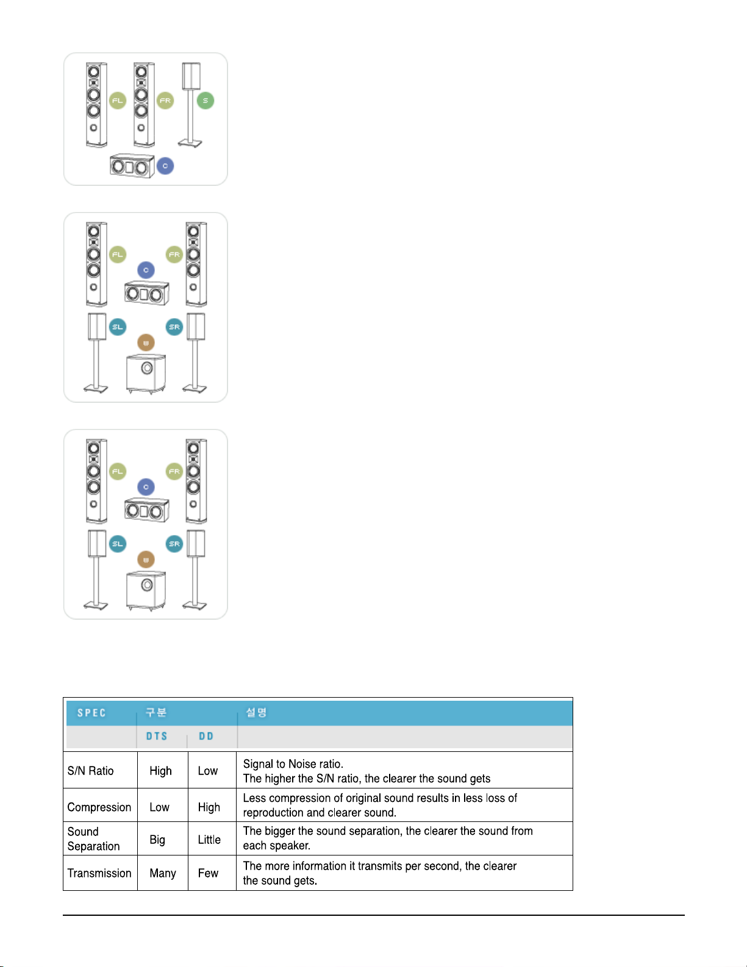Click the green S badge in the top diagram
pos(206,101)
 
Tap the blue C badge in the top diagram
pos(165,166)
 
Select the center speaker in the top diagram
pos(132,166)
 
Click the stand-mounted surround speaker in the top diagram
pos(191,104)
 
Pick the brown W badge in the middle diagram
pos(146,343)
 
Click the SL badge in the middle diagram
pos(118,327)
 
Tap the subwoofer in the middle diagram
pos(146,374)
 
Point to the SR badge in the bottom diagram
pos(174,544)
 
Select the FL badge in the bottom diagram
pos(118,471)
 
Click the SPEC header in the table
pos(91,713)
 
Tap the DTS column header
pos(157,736)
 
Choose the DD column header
pos(206,736)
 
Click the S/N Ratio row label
pos(91,771)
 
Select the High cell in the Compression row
pos(209,807)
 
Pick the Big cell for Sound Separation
pos(157,840)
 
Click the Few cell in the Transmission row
pos(208,873)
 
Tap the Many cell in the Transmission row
pos(163,873)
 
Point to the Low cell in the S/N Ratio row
pos(208,771)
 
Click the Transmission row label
pos(99,873)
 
